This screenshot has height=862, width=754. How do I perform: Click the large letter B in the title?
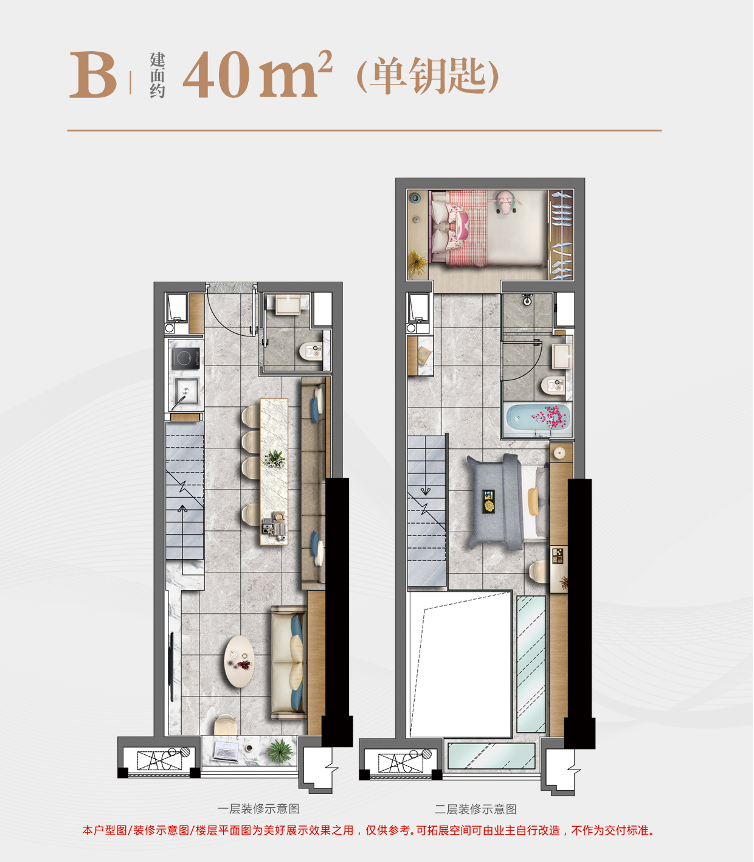click(x=93, y=75)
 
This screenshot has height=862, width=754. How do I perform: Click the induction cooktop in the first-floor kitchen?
click(x=185, y=358)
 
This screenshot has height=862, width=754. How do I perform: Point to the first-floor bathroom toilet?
click(x=311, y=352)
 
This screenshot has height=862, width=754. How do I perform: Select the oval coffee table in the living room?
click(x=239, y=661)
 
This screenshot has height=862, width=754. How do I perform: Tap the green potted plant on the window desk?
click(x=280, y=750)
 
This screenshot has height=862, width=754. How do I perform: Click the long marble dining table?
click(x=274, y=472)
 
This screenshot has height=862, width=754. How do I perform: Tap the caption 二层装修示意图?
click(x=476, y=809)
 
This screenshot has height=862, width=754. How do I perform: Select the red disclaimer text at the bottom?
click(x=368, y=830)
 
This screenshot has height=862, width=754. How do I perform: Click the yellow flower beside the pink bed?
click(x=418, y=262)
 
